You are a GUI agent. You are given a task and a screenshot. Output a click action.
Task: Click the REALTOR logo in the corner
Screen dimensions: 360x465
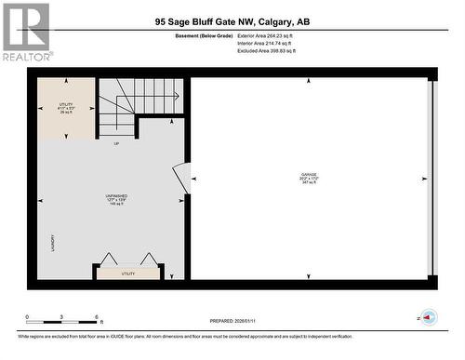26,33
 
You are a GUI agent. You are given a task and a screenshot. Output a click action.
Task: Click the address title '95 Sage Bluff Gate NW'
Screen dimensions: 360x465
232,21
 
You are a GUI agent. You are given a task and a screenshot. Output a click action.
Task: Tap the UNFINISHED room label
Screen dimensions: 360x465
115,199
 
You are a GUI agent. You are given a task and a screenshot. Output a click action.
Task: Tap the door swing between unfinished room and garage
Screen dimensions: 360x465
181,177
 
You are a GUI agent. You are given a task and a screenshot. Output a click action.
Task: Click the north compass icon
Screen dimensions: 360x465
428,317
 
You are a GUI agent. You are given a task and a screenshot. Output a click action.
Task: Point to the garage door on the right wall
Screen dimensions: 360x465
430,177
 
